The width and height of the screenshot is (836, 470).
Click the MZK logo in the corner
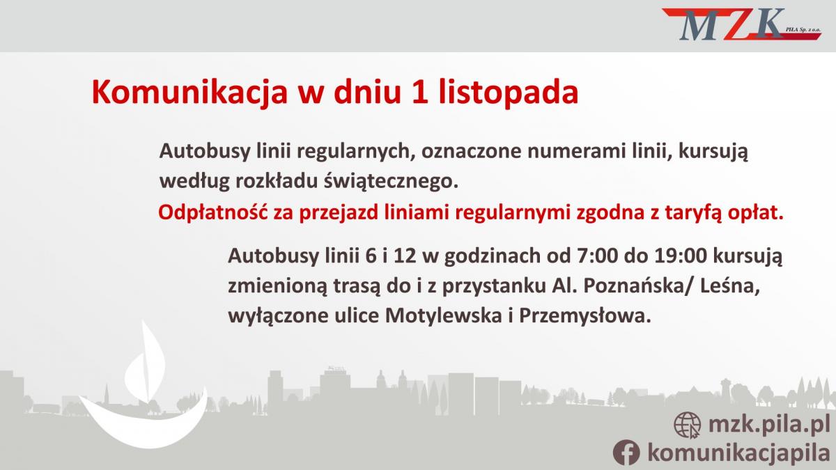click(x=741, y=24)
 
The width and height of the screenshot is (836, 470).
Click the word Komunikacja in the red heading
click(x=190, y=92)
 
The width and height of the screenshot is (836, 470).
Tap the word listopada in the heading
click(x=509, y=92)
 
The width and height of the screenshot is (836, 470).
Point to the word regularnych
click(x=336, y=152)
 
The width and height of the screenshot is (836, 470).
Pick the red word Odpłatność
click(x=213, y=212)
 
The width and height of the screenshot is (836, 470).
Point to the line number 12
click(x=405, y=256)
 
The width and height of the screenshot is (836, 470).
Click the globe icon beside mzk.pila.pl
click(x=687, y=425)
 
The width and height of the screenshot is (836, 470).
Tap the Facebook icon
click(x=626, y=452)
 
